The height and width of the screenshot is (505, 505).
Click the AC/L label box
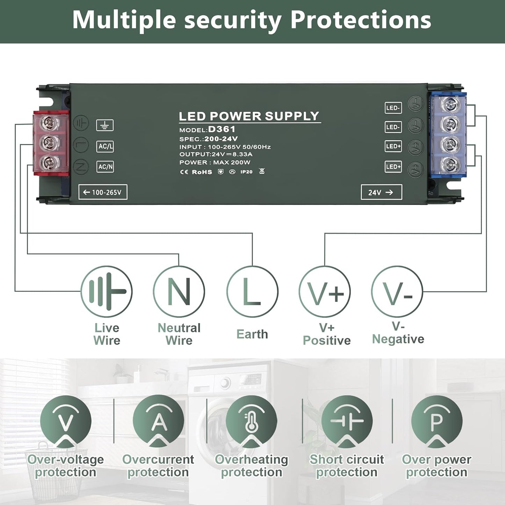pyautogui.click(x=105, y=146)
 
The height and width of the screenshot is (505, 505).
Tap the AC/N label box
pyautogui.click(x=105, y=167)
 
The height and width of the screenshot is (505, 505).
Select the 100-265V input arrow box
pyautogui.click(x=103, y=192)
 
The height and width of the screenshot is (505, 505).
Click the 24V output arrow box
pyautogui.click(x=381, y=192)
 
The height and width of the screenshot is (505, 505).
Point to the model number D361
pyautogui.click(x=222, y=129)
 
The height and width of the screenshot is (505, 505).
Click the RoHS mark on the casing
pyautogui.click(x=202, y=172)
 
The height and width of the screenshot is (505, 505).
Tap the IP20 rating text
pyautogui.click(x=246, y=172)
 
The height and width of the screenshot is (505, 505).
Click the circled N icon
pyautogui.click(x=179, y=291)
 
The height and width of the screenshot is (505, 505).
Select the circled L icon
pyautogui.click(x=252, y=291)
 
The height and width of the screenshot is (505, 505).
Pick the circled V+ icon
pyautogui.click(x=325, y=291)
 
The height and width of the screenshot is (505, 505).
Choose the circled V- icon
pyautogui.click(x=397, y=291)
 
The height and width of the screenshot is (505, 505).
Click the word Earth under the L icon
pyautogui.click(x=252, y=334)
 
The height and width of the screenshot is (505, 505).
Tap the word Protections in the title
pyautogui.click(x=361, y=20)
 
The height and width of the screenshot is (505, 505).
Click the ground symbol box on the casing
pyautogui.click(x=105, y=125)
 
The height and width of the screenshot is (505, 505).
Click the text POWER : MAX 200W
pyautogui.click(x=215, y=163)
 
